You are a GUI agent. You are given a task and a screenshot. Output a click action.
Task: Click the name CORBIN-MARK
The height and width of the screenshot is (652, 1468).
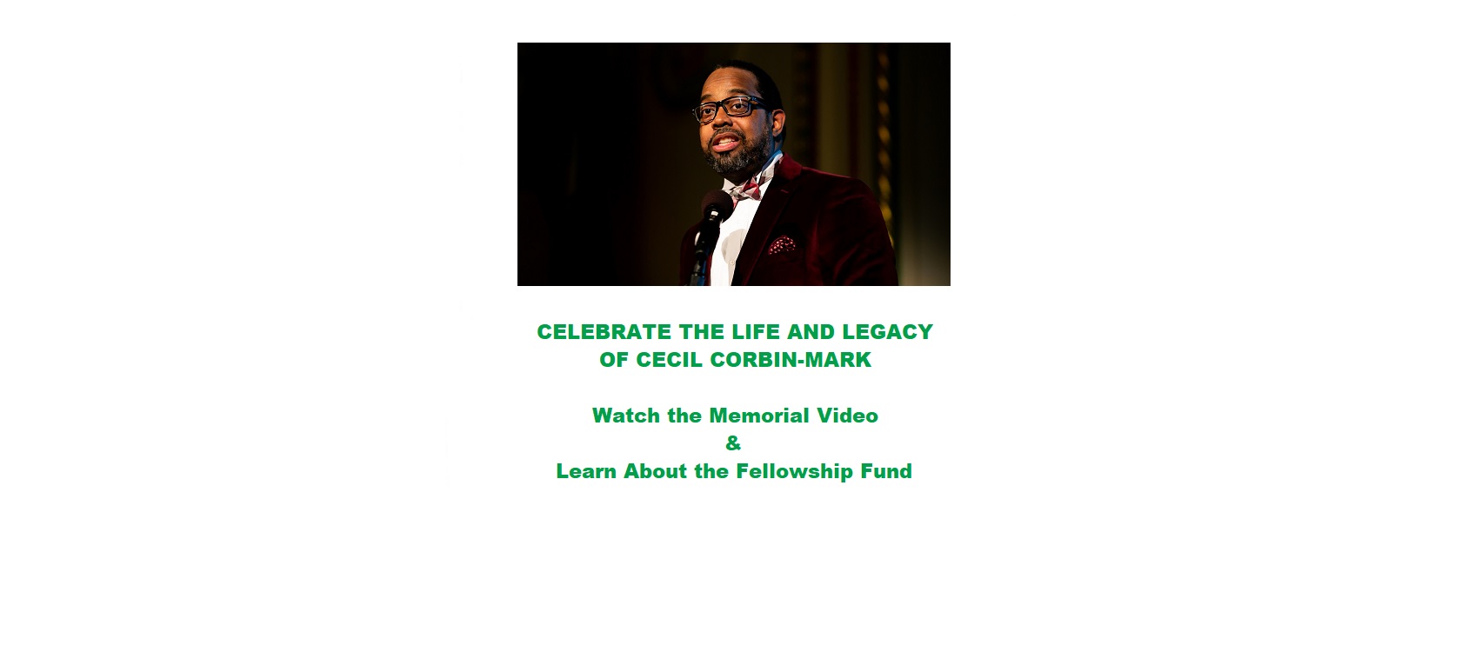click(x=791, y=360)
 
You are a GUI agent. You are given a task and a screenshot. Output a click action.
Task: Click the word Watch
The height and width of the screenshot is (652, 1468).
click(x=626, y=416)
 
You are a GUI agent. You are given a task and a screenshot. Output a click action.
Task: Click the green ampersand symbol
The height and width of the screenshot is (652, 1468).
click(x=733, y=443)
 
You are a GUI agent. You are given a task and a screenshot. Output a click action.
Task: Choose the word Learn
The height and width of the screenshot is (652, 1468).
click(x=586, y=471)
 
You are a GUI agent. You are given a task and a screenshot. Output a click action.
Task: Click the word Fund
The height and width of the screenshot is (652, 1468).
click(x=886, y=471)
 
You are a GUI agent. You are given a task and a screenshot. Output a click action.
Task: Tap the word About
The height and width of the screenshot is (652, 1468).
click(x=655, y=471)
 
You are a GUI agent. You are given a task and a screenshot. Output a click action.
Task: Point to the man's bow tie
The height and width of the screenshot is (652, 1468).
click(x=746, y=190)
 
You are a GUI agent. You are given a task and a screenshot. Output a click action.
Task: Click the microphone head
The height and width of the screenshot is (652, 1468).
click(x=717, y=206)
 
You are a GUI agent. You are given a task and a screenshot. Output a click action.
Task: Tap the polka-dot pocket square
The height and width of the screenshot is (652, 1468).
click(x=782, y=245)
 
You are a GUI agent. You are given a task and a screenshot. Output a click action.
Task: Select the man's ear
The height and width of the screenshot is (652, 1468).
click(x=778, y=123)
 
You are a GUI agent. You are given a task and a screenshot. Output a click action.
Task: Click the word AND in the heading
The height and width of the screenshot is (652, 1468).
click(x=811, y=332)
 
